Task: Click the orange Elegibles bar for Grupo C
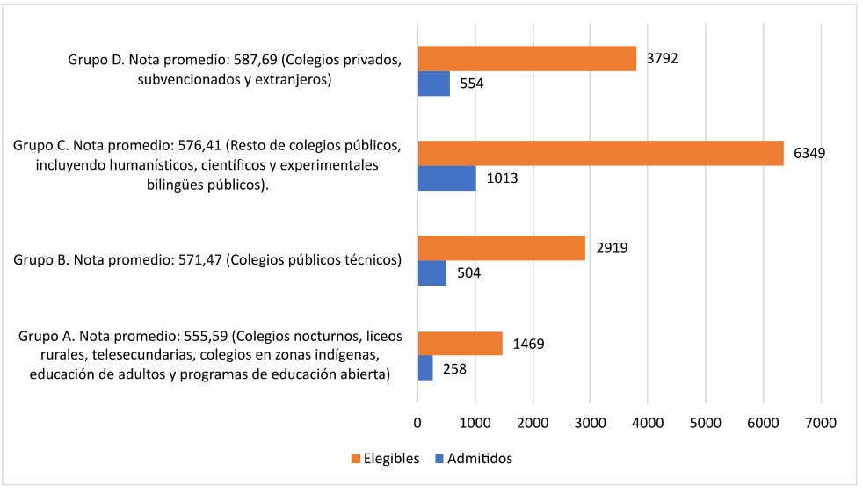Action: point(600,153)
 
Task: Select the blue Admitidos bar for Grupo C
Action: point(446,178)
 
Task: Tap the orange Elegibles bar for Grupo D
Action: point(526,59)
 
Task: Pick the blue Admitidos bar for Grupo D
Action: point(433,84)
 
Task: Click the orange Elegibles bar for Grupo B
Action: point(501,248)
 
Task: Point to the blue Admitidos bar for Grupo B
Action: point(431,272)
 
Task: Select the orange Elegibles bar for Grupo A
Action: point(460,343)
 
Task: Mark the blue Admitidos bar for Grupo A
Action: point(425,367)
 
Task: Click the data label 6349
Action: point(809,153)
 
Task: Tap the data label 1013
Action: point(502,178)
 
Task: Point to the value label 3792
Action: point(662,59)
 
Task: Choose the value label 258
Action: point(454,368)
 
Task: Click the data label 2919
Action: point(611,248)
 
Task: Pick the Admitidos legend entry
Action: point(479,458)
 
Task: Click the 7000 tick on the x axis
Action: point(820,423)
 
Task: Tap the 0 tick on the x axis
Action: point(418,423)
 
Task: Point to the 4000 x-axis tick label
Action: point(648,423)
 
